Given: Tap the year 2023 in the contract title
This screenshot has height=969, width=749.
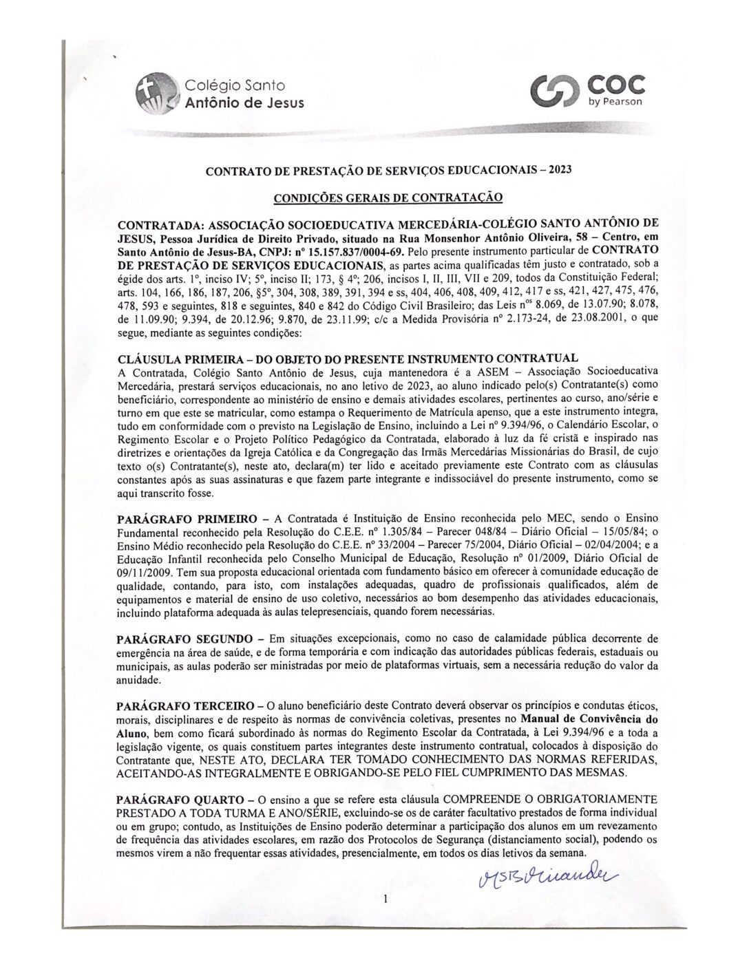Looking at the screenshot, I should [x=558, y=169].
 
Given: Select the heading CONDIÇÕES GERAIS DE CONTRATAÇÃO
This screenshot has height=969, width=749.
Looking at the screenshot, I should [x=388, y=198].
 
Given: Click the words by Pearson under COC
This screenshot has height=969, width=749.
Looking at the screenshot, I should [x=615, y=102].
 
